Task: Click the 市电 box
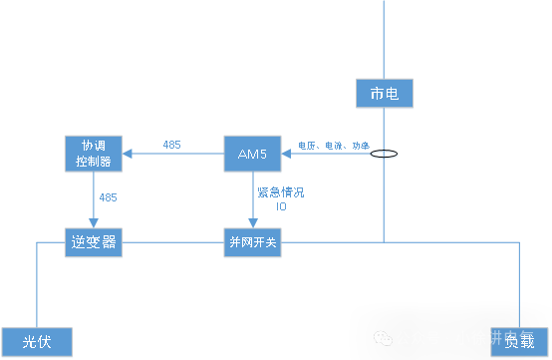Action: click(384, 94)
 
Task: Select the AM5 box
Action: click(253, 153)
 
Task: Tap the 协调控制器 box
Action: click(94, 153)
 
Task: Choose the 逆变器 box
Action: click(94, 242)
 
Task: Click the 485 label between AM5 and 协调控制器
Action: click(171, 145)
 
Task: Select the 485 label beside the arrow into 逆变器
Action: click(108, 197)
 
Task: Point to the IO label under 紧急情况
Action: click(280, 206)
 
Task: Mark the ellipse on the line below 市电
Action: click(384, 156)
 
